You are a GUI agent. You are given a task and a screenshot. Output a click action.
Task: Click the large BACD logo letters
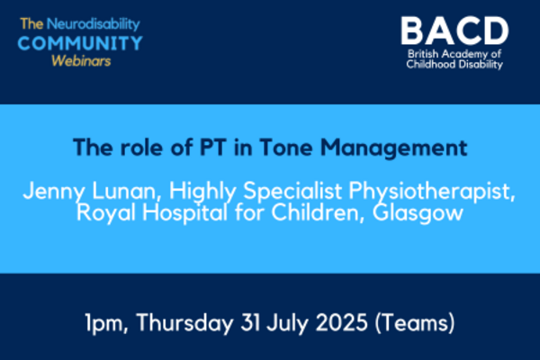(454, 31)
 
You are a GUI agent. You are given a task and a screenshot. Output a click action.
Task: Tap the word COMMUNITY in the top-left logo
(80, 43)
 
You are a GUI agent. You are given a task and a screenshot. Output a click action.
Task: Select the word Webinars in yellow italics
(81, 61)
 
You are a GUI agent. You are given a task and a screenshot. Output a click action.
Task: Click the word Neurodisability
(94, 24)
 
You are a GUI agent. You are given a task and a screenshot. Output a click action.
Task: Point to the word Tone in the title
(286, 148)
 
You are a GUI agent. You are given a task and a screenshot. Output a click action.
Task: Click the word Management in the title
(393, 148)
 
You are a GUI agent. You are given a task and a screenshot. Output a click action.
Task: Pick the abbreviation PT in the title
(213, 148)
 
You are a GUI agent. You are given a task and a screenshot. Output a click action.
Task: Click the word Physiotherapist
(432, 192)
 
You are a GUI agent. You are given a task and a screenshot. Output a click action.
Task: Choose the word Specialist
(292, 192)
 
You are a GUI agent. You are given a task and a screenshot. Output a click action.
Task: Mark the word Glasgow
(418, 213)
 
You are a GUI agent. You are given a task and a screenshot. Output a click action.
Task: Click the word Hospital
(184, 213)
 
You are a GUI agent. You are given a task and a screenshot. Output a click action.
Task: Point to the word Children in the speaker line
(317, 212)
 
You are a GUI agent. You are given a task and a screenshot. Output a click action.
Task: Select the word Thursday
(184, 324)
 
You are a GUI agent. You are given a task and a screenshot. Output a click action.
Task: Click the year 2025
(342, 323)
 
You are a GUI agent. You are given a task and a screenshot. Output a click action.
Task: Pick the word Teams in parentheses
(415, 323)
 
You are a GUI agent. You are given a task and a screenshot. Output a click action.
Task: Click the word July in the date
(288, 324)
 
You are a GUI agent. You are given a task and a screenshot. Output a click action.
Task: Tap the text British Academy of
(454, 54)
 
